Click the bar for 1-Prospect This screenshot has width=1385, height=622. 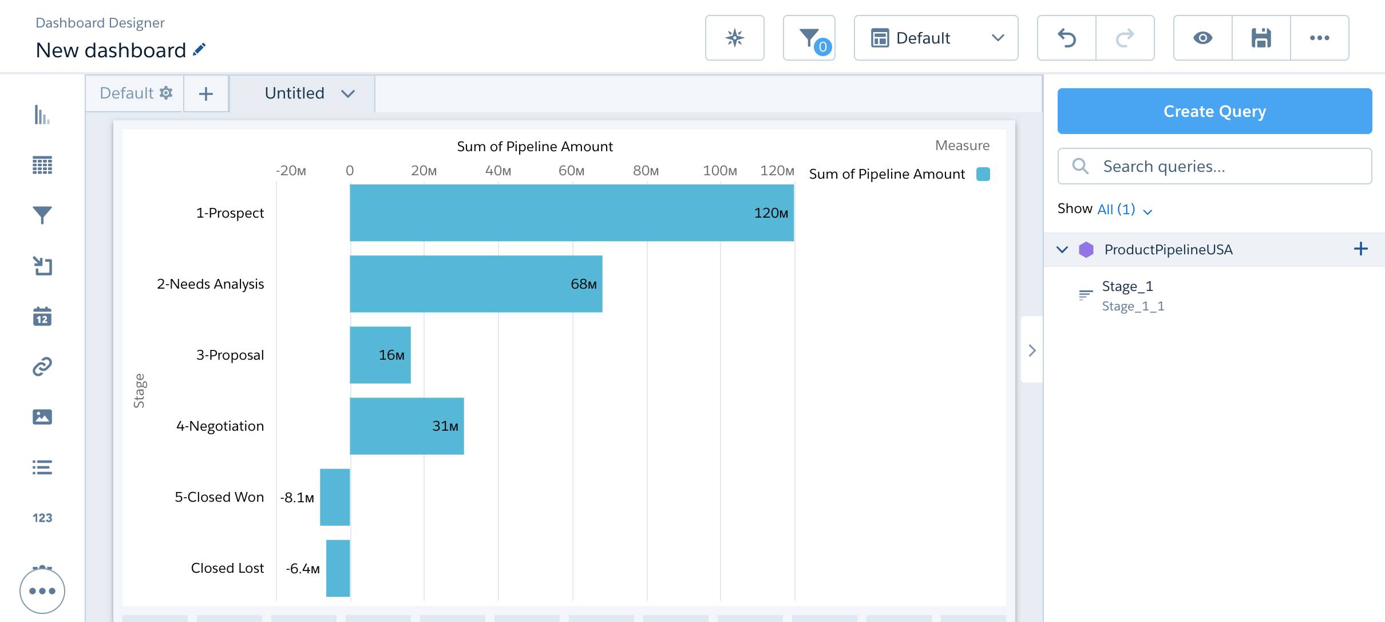(571, 212)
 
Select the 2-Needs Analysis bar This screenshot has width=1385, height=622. (475, 284)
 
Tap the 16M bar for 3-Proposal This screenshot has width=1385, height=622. (379, 355)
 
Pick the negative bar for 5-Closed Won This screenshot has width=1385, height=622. (335, 497)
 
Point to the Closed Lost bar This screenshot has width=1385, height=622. (338, 568)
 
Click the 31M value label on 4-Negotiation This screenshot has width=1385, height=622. (445, 426)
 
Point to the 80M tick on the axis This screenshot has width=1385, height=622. (646, 171)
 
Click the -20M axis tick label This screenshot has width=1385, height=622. (291, 171)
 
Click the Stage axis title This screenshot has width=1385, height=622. (139, 391)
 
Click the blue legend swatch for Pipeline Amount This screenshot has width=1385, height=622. (983, 174)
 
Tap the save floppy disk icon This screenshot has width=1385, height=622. (1261, 38)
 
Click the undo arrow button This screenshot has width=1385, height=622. (1067, 38)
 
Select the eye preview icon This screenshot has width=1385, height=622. (1202, 38)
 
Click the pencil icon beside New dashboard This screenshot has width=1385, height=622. (199, 50)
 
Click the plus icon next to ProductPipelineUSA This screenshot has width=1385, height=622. (1360, 249)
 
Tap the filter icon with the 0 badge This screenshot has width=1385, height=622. (809, 38)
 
